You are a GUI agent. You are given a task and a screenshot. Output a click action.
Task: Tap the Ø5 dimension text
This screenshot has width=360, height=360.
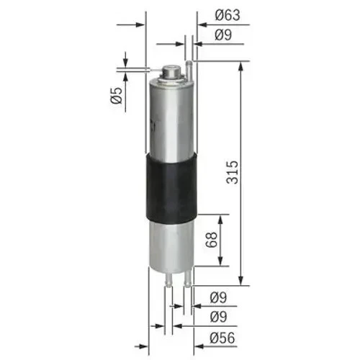[x=115, y=94]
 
